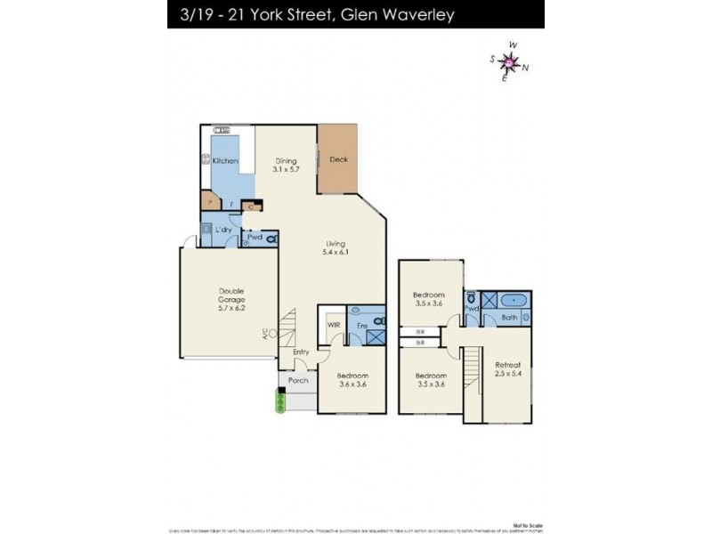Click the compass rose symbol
tap(508, 61)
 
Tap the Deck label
tap(338, 160)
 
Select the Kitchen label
tap(224, 160)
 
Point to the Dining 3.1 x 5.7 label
tap(286, 166)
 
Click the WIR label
tap(334, 326)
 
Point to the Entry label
tap(301, 352)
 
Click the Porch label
tap(298, 381)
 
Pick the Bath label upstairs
tap(509, 317)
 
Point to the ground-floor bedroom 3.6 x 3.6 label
tap(352, 380)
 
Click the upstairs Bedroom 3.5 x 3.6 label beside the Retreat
tap(431, 380)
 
